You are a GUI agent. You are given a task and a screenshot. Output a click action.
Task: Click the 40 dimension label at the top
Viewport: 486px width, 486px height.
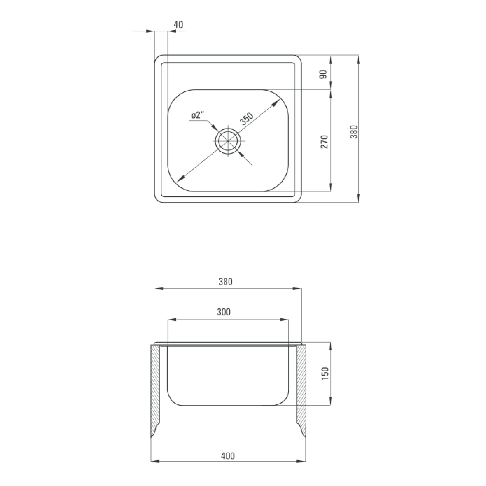pyautogui.click(x=178, y=25)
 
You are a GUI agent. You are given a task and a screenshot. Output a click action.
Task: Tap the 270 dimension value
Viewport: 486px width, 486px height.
pyautogui.click(x=324, y=142)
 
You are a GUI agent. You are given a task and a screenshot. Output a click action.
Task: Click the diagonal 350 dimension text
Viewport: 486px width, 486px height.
pyautogui.click(x=246, y=119)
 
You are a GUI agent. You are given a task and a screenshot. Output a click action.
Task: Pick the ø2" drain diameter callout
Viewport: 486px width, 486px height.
pyautogui.click(x=197, y=115)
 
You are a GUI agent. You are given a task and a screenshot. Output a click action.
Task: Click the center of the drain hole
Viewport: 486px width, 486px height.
pyautogui.click(x=228, y=141)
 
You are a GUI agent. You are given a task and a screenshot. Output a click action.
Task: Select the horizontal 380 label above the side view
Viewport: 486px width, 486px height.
pyautogui.click(x=225, y=282)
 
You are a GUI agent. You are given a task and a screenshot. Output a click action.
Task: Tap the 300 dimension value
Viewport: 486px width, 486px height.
pyautogui.click(x=224, y=312)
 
